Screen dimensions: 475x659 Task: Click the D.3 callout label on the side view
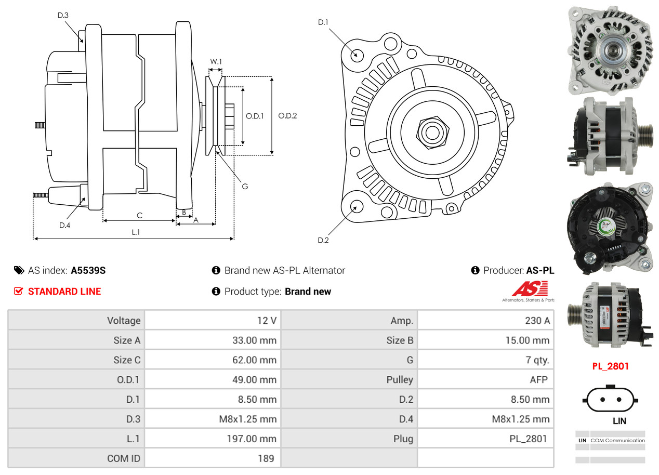point(63,16)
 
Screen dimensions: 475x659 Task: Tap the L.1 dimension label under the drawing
point(135,232)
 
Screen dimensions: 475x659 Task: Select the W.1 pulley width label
point(216,61)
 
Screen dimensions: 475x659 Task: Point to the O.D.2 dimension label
point(287,116)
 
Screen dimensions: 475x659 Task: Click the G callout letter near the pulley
point(245,186)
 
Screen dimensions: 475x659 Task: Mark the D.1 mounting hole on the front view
point(357,55)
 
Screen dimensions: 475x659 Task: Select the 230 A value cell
point(537,321)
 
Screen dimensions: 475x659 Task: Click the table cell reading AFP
point(538,380)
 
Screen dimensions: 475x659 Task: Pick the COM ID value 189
point(266,458)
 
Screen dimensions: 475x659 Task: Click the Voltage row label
point(124,321)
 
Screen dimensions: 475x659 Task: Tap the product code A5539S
point(88,270)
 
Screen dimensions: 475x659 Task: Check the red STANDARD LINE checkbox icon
point(18,292)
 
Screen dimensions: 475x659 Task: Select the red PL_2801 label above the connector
point(610,366)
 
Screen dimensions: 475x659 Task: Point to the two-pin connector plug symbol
point(610,400)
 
